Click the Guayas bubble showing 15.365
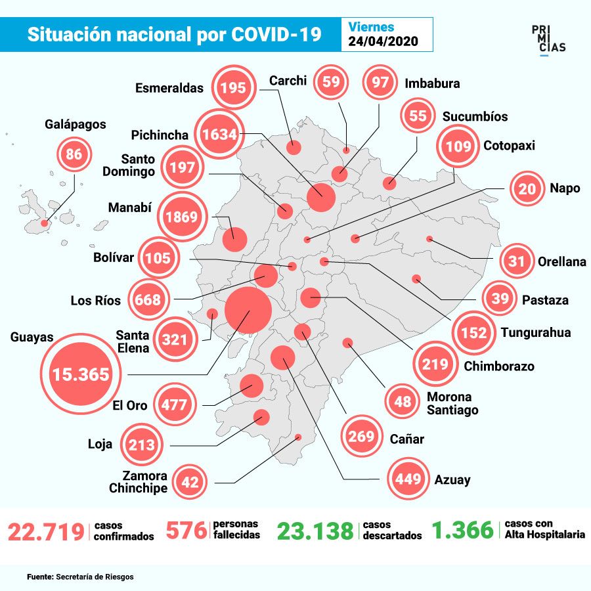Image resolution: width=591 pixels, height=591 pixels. pos(81,374)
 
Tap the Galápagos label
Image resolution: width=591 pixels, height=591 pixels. pos(76,124)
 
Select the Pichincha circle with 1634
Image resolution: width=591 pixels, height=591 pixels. pos(219,134)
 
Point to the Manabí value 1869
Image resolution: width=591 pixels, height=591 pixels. pos(182,217)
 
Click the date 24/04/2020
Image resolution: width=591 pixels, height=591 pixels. pos(383,41)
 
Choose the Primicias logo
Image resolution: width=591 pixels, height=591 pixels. pos(548,39)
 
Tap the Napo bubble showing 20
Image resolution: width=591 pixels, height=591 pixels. pos(527,188)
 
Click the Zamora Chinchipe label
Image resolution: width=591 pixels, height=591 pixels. pos(138,482)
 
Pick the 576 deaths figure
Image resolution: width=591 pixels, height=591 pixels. pos(186,531)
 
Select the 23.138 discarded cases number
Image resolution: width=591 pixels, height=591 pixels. pos(315,531)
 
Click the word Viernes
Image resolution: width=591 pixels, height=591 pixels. pos(371,27)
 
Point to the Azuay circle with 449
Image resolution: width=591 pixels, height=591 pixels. pos(408,479)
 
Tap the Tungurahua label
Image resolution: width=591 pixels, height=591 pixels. pos(536,332)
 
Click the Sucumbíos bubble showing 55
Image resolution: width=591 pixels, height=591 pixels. pos(418,116)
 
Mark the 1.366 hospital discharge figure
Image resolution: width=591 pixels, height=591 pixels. pos(463,530)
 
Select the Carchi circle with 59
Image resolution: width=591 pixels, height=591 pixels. pos(331,81)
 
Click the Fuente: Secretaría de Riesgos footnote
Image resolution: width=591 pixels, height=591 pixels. pos(80,577)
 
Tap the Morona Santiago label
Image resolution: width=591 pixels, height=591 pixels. pos(452,403)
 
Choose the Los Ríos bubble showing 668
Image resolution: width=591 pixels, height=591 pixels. pos(148,299)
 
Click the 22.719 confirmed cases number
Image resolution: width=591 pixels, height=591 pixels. pos(46,532)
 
